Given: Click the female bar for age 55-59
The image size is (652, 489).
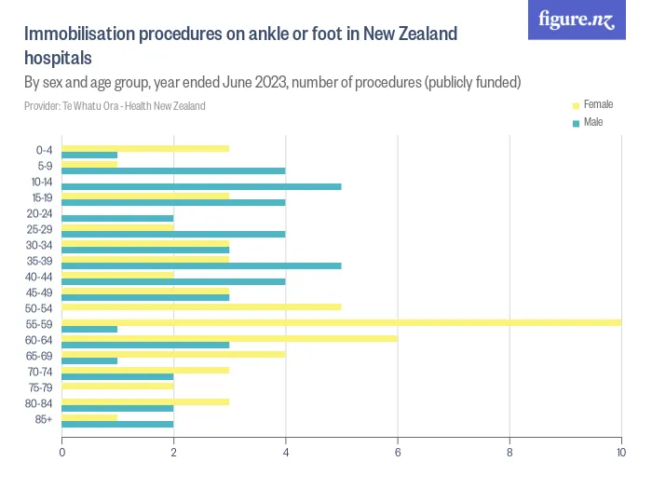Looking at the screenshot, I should point(341,322).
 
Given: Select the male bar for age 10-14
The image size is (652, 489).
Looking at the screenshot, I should point(201,186).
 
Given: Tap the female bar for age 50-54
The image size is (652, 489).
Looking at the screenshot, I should point(201,306).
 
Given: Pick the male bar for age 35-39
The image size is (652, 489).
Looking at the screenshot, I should point(201,265).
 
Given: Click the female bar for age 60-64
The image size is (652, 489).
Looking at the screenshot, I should point(229,338).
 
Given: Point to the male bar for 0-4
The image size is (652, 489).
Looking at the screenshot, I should point(89,155).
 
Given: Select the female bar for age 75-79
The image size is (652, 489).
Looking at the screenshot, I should point(117,386).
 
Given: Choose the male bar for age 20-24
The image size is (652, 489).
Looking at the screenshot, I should point(117,218).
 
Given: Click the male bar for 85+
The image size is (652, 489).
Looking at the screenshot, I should point(117,424).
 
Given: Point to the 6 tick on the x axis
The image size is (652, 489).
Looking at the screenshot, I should point(398,453).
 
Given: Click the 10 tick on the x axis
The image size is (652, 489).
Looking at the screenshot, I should point(620,453).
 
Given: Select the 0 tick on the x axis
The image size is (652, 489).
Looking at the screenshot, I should point(62,453).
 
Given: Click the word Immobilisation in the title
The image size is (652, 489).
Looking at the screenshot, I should point(80,35).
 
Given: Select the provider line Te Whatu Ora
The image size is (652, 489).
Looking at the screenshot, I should point(115,106).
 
